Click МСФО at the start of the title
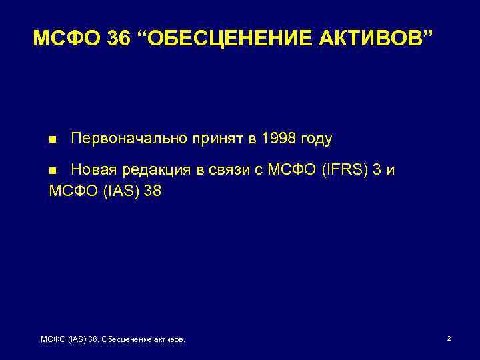point(65,39)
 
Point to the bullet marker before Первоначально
point(53,140)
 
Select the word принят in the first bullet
point(214,139)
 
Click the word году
point(317,139)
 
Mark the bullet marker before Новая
point(53,170)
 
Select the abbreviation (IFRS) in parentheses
point(341,169)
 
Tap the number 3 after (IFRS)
point(377,169)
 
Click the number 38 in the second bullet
point(153,191)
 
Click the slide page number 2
point(449,339)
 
